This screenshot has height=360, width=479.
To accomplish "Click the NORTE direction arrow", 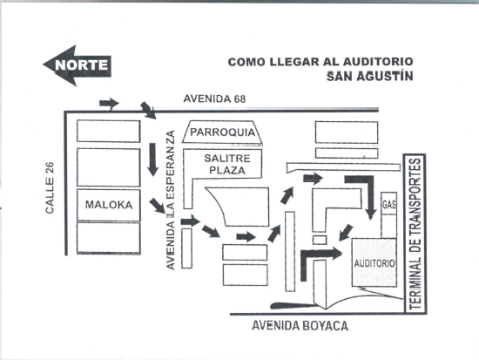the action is pyautogui.click(x=77, y=65).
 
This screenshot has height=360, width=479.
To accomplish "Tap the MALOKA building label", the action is pyautogui.click(x=109, y=205).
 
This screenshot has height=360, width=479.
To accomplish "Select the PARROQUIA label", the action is pyautogui.click(x=222, y=132).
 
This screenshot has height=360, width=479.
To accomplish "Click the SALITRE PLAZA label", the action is pyautogui.click(x=227, y=164).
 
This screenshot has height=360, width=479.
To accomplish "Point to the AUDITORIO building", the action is pyautogui.click(x=374, y=262).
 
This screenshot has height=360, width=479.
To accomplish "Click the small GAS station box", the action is pyautogui.click(x=389, y=203).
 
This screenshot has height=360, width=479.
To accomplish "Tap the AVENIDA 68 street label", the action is pyautogui.click(x=214, y=98).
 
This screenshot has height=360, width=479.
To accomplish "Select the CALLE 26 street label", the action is pyautogui.click(x=50, y=187).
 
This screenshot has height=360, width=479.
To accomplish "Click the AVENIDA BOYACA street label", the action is pyautogui.click(x=300, y=326).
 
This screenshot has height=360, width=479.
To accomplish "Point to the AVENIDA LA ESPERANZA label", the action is pyautogui.click(x=171, y=200).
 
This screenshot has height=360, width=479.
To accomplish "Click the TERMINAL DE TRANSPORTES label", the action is pyautogui.click(x=415, y=234).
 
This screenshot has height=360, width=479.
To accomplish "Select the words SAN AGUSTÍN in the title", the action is pyautogui.click(x=369, y=76).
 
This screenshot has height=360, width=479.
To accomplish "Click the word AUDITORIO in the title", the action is pyautogui.click(x=378, y=62).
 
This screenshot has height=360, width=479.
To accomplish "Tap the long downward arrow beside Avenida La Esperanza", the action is pyautogui.click(x=152, y=160).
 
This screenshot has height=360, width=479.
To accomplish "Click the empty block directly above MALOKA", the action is pyautogui.click(x=109, y=167).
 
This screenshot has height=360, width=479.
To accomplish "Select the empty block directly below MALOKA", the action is pyautogui.click(x=109, y=238).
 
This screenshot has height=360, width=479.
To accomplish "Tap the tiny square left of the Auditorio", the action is pyautogui.click(x=320, y=240).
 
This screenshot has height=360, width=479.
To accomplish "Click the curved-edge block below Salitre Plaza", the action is pyautogui.click(x=245, y=207).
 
